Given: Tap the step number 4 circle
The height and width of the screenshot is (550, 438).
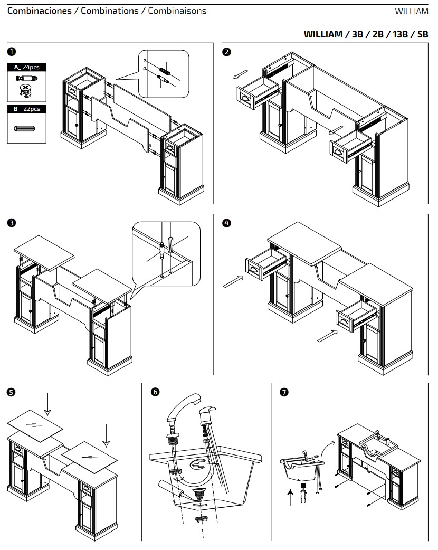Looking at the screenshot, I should [x=227, y=223].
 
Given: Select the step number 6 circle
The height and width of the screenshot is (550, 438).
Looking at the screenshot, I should [x=155, y=392].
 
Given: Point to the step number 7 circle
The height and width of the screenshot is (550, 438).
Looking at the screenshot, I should [x=285, y=392].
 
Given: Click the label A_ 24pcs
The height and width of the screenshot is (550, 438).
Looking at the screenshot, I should [x=26, y=67].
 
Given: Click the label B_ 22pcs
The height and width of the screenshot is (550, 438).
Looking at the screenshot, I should [x=26, y=109].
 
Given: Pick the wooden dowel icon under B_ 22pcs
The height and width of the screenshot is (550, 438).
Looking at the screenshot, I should [x=26, y=128].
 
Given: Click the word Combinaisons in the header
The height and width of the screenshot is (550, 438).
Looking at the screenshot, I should [x=177, y=11].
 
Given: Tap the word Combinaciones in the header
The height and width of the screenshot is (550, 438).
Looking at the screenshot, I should [x=40, y=11].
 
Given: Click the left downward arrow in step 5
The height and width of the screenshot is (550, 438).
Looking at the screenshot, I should [x=47, y=403].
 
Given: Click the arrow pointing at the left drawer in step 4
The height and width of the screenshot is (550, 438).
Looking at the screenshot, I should [x=233, y=282].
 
